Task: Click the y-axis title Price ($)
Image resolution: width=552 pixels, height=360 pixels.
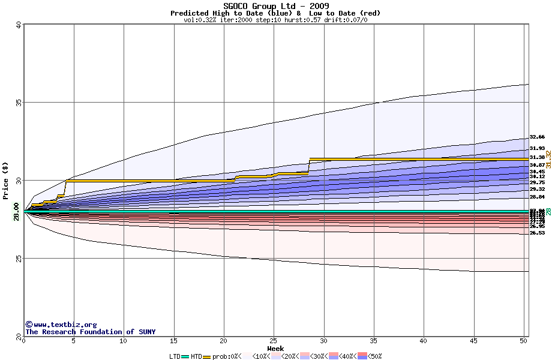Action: [x=7, y=181]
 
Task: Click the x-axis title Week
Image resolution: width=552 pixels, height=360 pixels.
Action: [x=275, y=349]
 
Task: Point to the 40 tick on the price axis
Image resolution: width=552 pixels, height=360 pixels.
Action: [x=19, y=26]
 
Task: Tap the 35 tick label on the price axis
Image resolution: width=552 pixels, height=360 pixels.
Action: [x=19, y=103]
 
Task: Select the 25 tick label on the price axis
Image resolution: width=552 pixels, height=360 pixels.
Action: [x=19, y=259]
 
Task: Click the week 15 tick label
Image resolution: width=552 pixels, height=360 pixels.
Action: [x=173, y=341]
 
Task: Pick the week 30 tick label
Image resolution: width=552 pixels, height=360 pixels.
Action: [x=324, y=341]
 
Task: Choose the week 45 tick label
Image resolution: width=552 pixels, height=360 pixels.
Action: [x=474, y=341]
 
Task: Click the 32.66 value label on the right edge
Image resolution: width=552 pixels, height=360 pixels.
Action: [x=537, y=137]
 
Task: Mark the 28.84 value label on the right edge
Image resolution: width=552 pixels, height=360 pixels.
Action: [x=537, y=197]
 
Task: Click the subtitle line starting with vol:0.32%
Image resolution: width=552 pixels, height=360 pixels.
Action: [x=275, y=20]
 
